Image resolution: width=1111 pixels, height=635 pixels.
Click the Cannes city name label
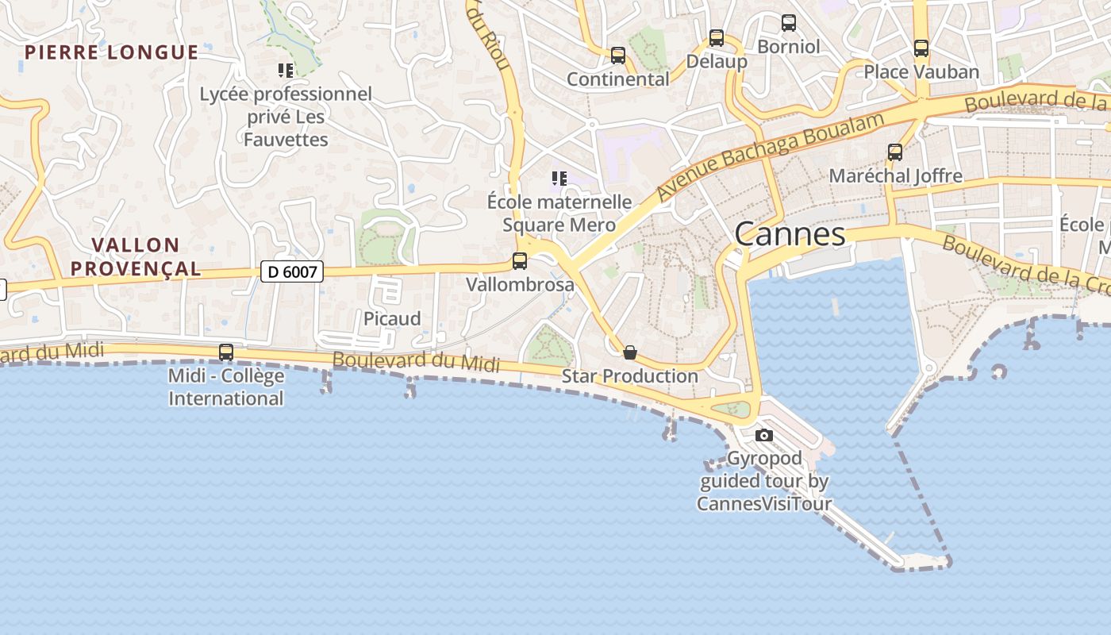[x=790, y=234]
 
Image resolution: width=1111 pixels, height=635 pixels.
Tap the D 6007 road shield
[x=292, y=272]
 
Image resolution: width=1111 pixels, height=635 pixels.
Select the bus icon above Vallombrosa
[x=520, y=260]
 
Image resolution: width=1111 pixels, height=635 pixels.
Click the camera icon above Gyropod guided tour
[x=764, y=435]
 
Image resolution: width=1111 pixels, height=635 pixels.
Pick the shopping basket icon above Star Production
[x=630, y=352]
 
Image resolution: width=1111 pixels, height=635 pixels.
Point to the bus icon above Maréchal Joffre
[x=895, y=152]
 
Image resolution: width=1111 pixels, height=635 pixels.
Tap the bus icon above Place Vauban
[x=921, y=48]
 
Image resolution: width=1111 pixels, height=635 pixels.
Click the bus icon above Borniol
[x=789, y=23]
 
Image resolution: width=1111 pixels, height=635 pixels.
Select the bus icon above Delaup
[x=717, y=37]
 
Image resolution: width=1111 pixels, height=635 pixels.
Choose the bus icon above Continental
[x=618, y=56]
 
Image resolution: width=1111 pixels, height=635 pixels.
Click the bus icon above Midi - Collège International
[x=226, y=352]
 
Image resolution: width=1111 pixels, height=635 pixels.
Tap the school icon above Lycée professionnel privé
[x=286, y=71]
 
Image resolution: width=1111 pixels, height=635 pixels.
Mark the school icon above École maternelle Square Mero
[x=559, y=179]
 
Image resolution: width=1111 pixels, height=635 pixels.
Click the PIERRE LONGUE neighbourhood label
[x=111, y=53]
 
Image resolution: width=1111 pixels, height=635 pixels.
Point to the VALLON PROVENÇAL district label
[x=135, y=256]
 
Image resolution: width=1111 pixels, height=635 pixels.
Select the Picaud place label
[x=392, y=319]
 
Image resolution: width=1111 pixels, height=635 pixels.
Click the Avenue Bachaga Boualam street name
[x=771, y=156]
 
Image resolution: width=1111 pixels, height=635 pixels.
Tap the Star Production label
[x=630, y=376]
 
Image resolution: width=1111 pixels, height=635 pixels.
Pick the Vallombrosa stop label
[x=520, y=284]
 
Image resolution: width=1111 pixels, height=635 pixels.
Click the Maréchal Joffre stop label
[x=895, y=176]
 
